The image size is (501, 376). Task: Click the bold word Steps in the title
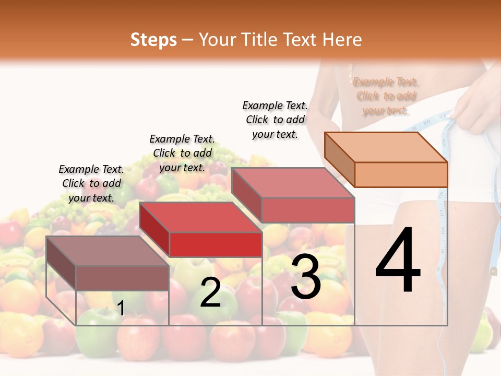click(x=153, y=40)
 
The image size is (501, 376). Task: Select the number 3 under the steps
click(x=305, y=277)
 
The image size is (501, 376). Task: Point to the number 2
click(x=210, y=292)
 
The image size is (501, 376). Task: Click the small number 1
click(x=121, y=309)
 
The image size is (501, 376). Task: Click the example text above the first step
click(x=92, y=183)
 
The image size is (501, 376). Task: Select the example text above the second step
click(x=182, y=153)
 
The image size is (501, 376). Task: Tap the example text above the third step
click(x=275, y=120)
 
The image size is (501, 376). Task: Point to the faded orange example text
click(x=386, y=96)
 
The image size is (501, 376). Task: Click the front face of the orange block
click(x=401, y=174)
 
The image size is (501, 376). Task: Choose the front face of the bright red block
click(x=216, y=244)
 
